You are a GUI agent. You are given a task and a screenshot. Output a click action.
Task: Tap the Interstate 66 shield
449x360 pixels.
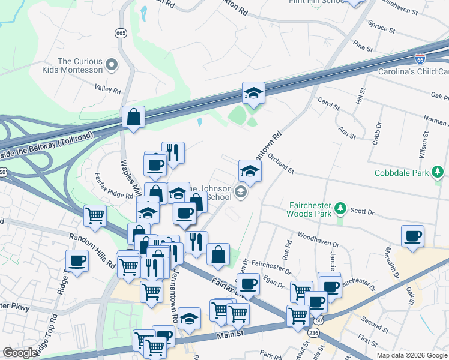pos(421,59)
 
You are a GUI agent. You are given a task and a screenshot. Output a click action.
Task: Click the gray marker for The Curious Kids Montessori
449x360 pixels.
pos(111,64)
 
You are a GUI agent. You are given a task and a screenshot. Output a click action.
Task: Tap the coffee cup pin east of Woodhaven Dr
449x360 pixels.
pos(412,236)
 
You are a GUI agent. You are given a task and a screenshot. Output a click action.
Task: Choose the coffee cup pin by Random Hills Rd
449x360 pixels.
pos(77,260)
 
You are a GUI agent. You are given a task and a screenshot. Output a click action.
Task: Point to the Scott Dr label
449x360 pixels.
pos(362,212)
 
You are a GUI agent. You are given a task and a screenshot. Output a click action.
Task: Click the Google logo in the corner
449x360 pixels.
pos(20,353)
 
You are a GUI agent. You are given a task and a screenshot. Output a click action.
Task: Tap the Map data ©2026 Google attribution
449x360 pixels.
pos(412,355)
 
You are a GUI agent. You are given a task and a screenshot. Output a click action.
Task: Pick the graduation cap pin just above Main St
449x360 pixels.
pos(190,319)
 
